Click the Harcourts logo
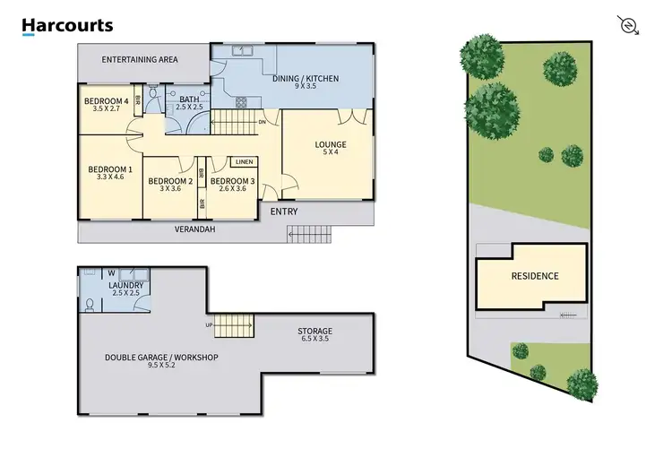pos(68,26)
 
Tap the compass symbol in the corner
pos(629,24)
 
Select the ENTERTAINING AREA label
pos(140,59)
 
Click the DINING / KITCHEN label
pos(306,79)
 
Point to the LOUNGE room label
pos(330,144)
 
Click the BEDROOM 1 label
pos(110,169)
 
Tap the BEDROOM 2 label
pos(169,182)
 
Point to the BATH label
pos(189,99)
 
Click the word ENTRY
pos(283,212)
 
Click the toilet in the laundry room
pos(89,305)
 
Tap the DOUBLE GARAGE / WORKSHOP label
pos(161,357)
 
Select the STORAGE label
pos(314,331)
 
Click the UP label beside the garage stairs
pos(209,324)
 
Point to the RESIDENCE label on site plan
pos(534,276)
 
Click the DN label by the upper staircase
pos(262,122)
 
